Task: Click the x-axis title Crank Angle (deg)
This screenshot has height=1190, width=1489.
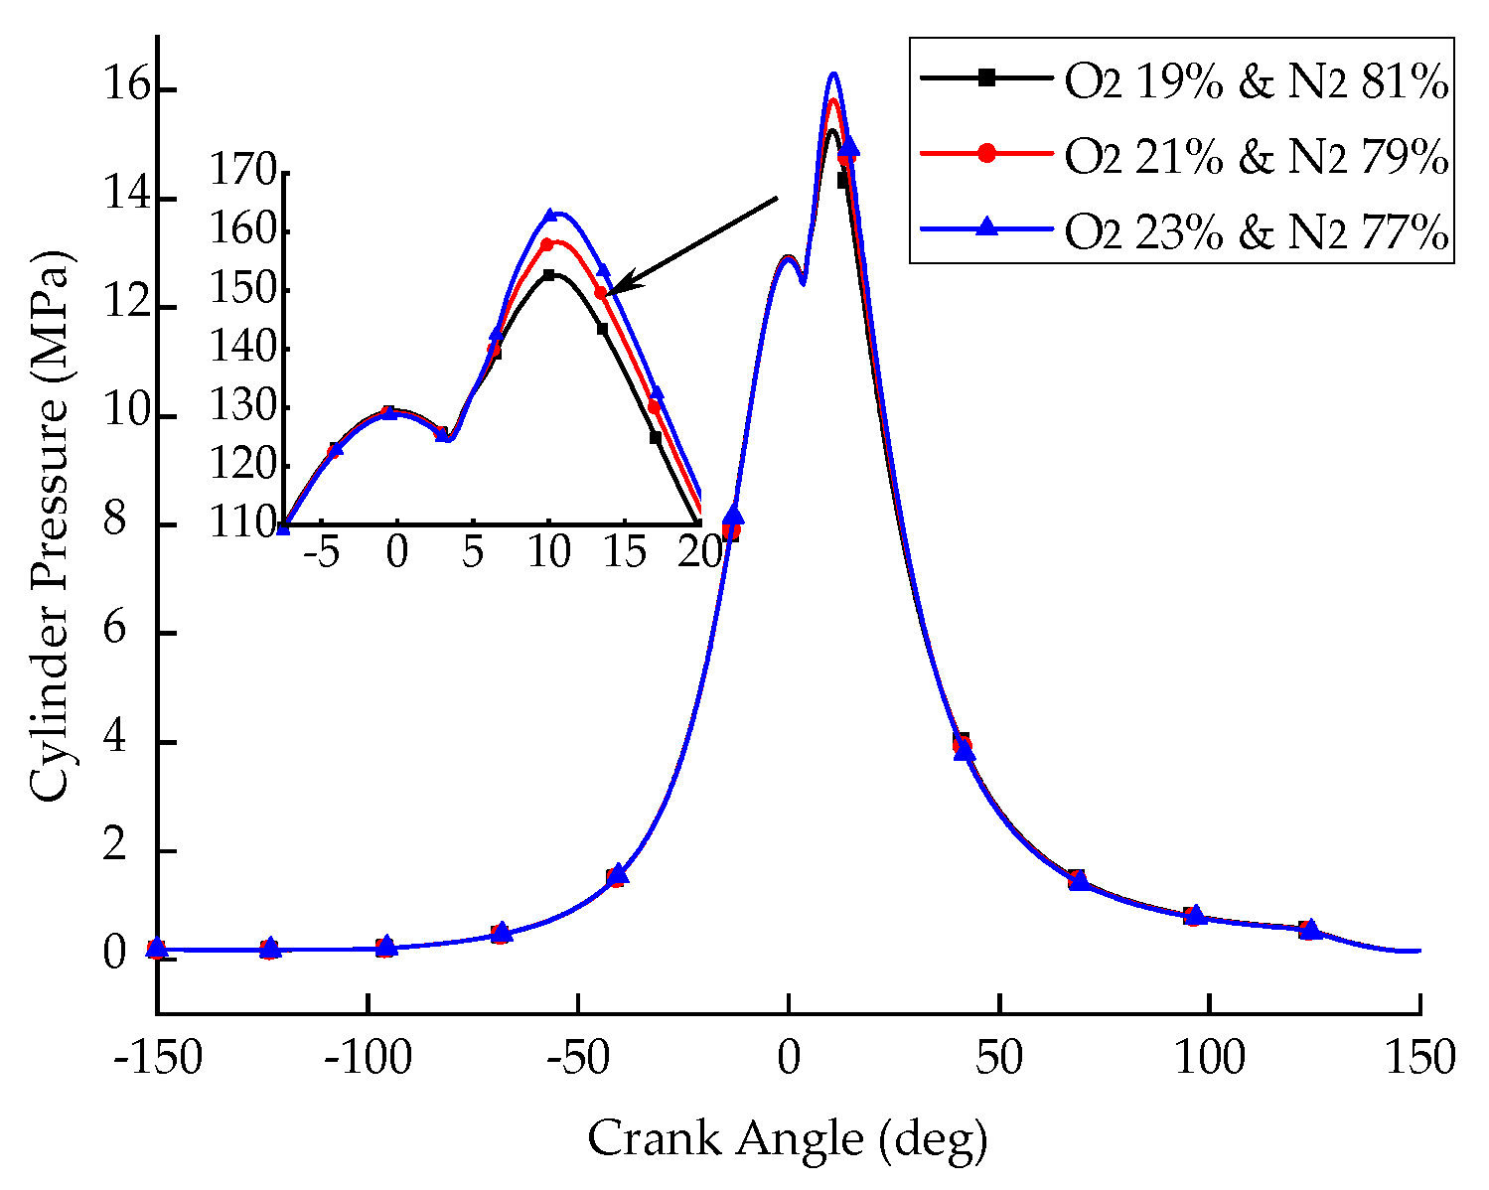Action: [x=788, y=1137]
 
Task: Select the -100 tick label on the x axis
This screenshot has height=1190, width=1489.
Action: [x=368, y=1059]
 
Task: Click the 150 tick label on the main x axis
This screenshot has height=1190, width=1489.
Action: [x=1419, y=1059]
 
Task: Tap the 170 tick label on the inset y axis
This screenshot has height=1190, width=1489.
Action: [x=241, y=173]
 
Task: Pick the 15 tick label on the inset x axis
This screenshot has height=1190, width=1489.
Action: [x=624, y=553]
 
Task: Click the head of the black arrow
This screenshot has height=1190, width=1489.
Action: [x=611, y=292]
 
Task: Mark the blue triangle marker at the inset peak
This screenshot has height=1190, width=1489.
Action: [x=549, y=216]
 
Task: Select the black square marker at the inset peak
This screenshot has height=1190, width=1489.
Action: [x=548, y=275]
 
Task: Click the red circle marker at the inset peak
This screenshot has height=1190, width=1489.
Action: [x=546, y=244]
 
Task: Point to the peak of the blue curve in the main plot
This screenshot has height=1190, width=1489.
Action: [x=833, y=74]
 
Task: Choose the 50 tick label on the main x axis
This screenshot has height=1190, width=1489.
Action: [x=998, y=1059]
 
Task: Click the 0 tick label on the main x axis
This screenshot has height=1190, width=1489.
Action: [x=788, y=1059]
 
